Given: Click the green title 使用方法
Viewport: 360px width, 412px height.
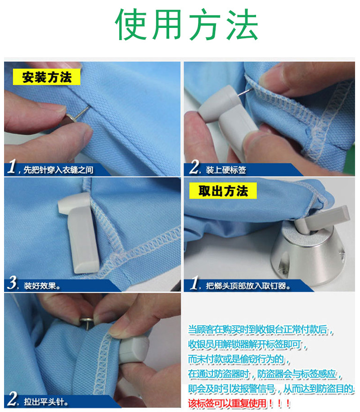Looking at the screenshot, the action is click(x=186, y=24).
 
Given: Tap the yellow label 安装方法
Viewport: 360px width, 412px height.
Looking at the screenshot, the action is click(x=47, y=77).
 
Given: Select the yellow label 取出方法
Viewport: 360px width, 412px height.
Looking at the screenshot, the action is click(x=223, y=190).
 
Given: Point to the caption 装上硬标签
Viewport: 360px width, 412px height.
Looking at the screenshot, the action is click(x=226, y=170).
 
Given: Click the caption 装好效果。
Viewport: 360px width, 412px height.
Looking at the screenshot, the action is click(x=42, y=285).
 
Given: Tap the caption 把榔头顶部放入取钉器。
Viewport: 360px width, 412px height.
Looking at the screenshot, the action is click(x=248, y=285).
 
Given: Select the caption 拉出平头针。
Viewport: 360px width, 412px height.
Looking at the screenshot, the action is click(x=46, y=402).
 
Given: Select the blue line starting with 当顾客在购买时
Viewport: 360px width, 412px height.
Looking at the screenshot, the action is click(x=261, y=330).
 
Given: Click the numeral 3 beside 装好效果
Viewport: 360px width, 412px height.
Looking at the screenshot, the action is click(x=12, y=283).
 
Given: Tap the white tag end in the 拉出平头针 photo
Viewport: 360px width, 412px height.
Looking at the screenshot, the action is click(x=134, y=349).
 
